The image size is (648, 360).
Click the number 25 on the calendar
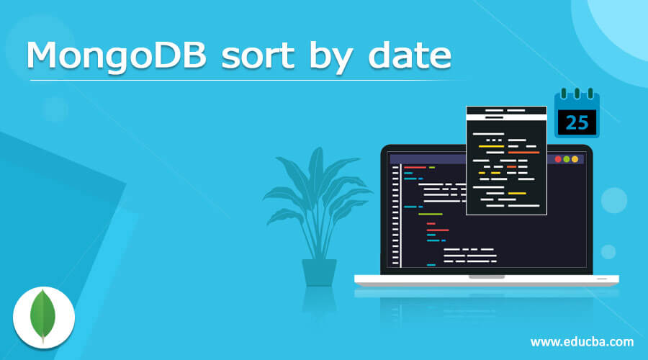pyautogui.click(x=577, y=122)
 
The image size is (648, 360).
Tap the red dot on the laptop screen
pyautogui.click(x=558, y=159)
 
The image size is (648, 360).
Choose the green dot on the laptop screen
pyautogui.click(x=567, y=159)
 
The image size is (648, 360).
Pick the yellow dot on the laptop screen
pyautogui.click(x=575, y=159)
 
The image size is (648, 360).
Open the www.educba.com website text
pyautogui.click(x=582, y=341)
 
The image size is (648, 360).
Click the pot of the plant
pyautogui.click(x=319, y=272)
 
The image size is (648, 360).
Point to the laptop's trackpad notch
pyautogui.click(x=487, y=276)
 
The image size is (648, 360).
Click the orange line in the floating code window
pyautogui.click(x=523, y=153)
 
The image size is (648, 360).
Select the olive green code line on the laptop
pyautogui.click(x=430, y=215)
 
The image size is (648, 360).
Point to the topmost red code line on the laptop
pyautogui.click(x=415, y=167)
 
